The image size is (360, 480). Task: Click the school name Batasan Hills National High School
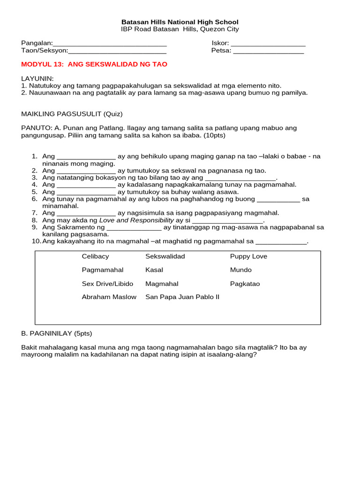(180, 22)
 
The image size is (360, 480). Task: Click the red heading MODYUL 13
(94, 64)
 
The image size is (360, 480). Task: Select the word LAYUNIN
(37, 78)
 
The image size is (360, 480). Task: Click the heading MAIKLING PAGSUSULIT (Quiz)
(72, 114)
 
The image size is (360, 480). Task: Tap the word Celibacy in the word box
(95, 256)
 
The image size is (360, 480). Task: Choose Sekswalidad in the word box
(165, 256)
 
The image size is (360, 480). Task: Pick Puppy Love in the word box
(248, 256)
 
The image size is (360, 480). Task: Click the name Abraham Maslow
(109, 297)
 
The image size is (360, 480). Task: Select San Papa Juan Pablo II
(182, 297)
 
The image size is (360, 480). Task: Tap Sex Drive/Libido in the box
(107, 284)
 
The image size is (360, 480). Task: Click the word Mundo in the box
(240, 270)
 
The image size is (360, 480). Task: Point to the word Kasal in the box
(154, 270)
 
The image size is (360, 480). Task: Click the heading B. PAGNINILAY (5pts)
(57, 333)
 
